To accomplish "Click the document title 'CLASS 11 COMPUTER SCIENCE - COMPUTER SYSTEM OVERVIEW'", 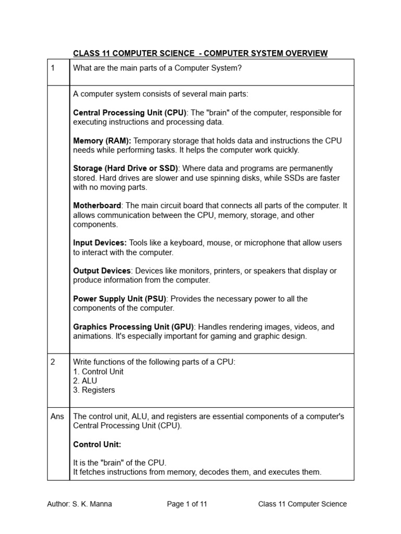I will tap(200, 53).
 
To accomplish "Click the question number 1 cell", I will tap(53, 68).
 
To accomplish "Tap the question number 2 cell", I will tap(53, 362).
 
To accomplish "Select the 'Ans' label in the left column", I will tap(57, 417).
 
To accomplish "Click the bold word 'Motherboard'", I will tap(97, 205).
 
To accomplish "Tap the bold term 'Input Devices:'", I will tap(100, 243).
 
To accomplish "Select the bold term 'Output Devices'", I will tap(102, 271).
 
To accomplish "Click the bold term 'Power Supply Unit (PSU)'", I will tap(120, 299).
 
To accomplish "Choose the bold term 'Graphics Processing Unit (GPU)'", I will tap(133, 327).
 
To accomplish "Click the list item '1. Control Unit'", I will tap(98, 372).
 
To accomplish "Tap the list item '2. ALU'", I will tap(85, 381).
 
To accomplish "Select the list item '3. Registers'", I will tap(94, 390).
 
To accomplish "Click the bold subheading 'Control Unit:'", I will tap(97, 444).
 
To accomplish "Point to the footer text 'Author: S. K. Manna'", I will tap(79, 504).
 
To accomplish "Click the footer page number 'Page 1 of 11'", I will tap(187, 504).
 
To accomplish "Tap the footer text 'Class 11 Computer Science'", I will tap(302, 504).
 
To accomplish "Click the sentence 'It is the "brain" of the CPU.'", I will tap(120, 463).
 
